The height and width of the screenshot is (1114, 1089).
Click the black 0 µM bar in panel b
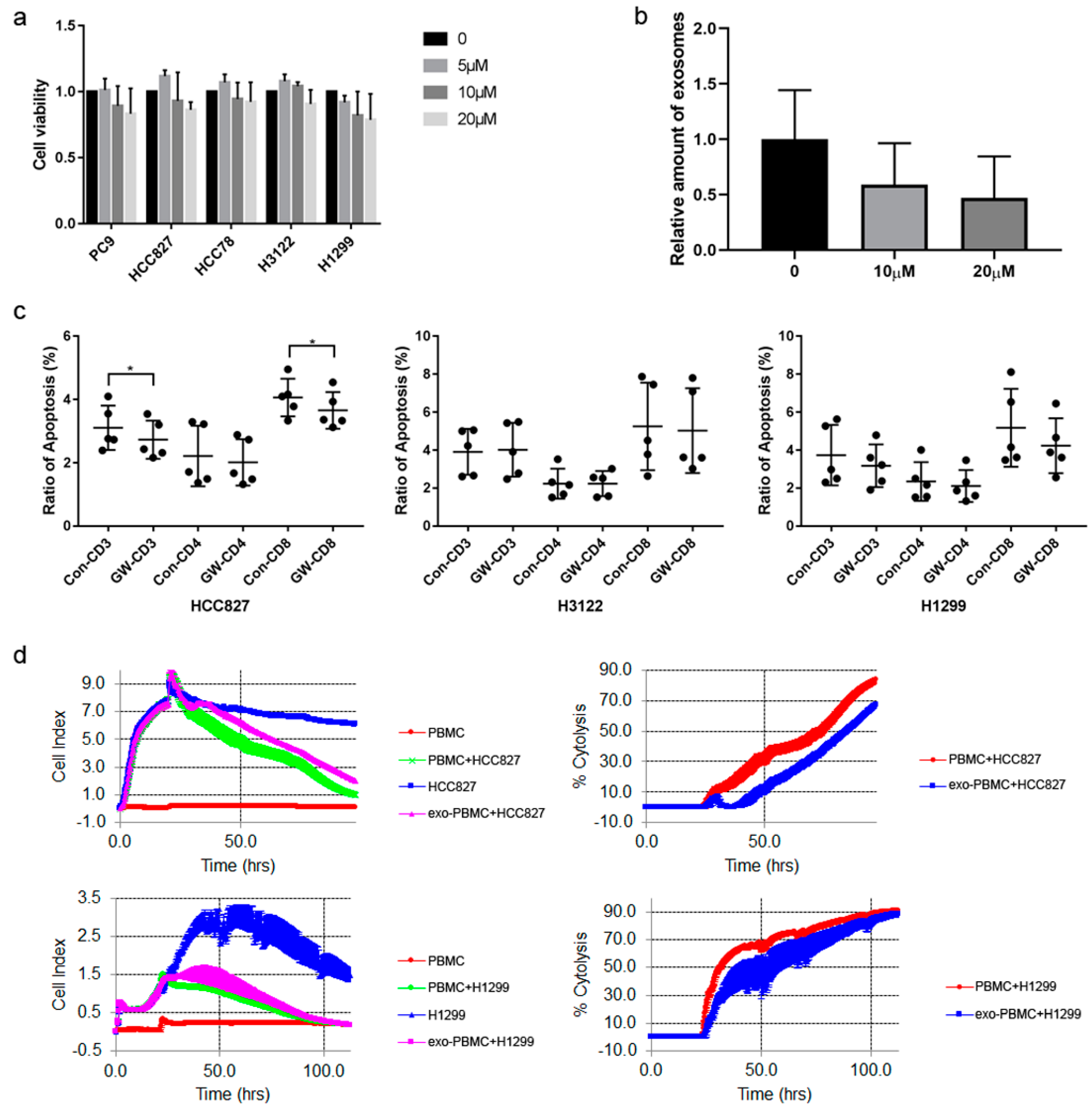(794, 194)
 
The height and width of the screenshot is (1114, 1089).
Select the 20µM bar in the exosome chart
(994, 224)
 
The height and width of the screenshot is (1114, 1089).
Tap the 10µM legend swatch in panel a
(435, 92)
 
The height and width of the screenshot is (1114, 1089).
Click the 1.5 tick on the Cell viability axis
(66, 26)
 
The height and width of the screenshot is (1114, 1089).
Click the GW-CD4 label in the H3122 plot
(583, 561)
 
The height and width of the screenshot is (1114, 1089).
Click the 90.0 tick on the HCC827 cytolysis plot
(615, 669)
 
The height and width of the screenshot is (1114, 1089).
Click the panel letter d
(20, 655)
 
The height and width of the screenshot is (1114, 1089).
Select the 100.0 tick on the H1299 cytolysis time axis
(871, 1069)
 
